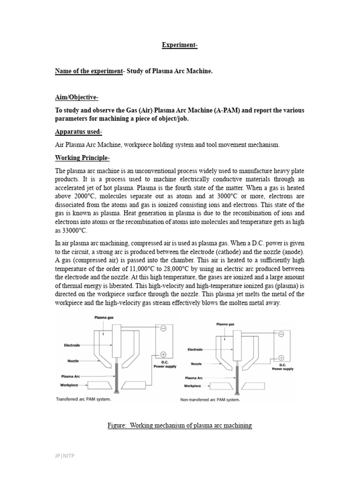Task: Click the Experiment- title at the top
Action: click(x=180, y=45)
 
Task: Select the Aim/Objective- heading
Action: click(x=76, y=97)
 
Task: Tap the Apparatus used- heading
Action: click(x=78, y=132)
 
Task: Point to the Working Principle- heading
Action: click(x=82, y=157)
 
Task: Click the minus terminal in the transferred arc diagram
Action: click(x=163, y=329)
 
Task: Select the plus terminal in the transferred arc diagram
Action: click(x=163, y=354)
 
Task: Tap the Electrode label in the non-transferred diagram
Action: click(x=195, y=349)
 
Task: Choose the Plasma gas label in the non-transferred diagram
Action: click(x=225, y=323)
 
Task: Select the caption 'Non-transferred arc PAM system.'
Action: click(x=210, y=399)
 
